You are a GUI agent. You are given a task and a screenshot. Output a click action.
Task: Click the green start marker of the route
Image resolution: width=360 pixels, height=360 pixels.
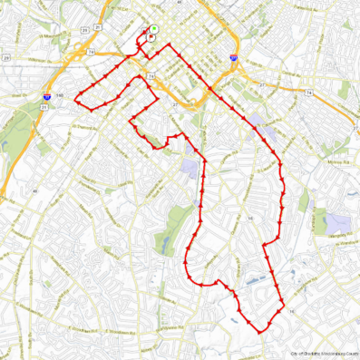pyautogui.click(x=153, y=29)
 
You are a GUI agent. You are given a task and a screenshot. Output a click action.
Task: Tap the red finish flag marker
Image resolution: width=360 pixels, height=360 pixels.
pyautogui.click(x=150, y=38)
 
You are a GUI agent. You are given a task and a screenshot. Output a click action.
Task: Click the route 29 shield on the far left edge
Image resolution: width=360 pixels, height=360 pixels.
pyautogui.click(x=5, y=57)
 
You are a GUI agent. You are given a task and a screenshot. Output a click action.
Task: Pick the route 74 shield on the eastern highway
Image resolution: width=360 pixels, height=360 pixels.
pyautogui.click(x=310, y=92)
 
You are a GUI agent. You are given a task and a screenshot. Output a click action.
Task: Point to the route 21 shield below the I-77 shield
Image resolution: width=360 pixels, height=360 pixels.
pyautogui.click(x=44, y=106)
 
